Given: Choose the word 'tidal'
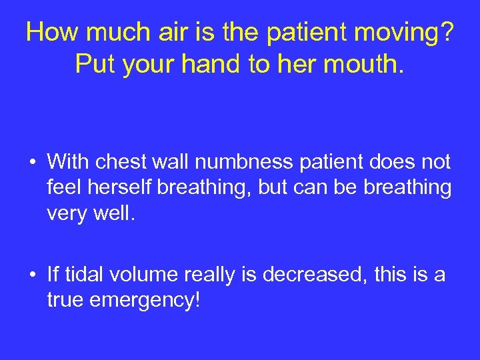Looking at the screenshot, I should click(x=86, y=274).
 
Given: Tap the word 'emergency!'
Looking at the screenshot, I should click(x=147, y=300).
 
